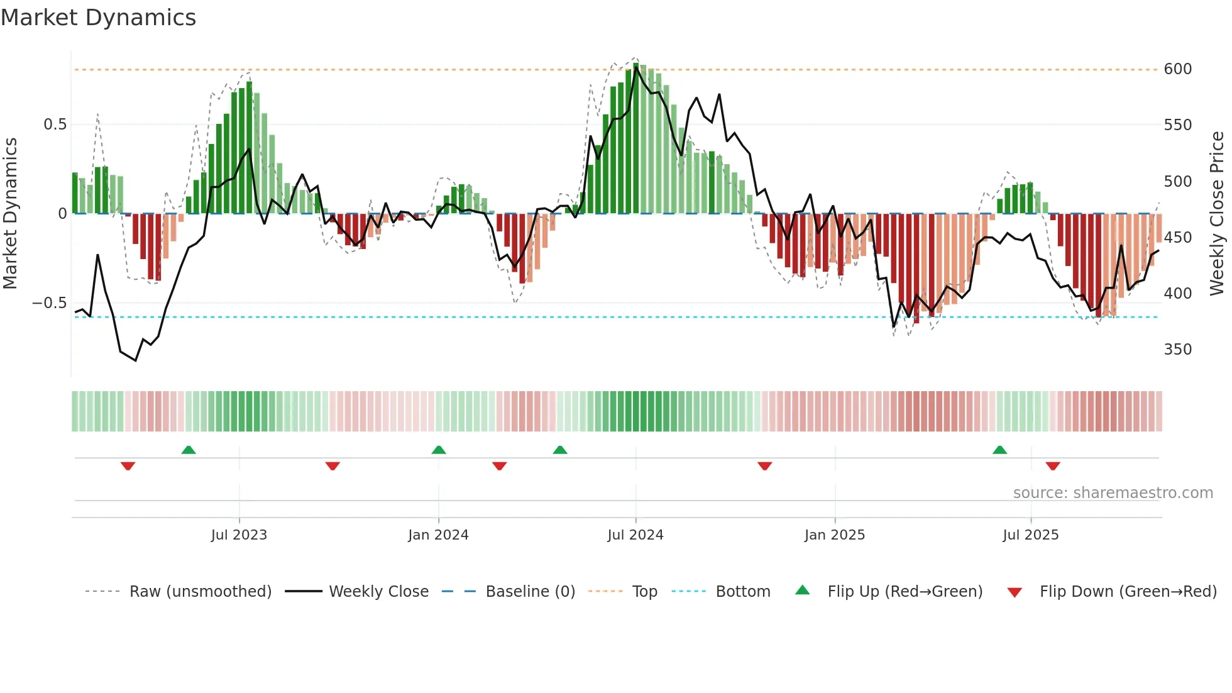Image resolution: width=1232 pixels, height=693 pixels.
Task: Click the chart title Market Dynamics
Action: coord(98,18)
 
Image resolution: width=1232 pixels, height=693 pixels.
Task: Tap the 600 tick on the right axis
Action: coord(1177,69)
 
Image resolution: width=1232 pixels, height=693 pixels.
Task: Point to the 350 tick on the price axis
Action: coord(1177,350)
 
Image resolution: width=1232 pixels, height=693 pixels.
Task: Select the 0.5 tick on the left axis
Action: coord(55,125)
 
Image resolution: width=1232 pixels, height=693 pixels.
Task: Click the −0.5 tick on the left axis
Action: coord(50,303)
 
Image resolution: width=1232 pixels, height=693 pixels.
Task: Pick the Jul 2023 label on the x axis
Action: coord(239,535)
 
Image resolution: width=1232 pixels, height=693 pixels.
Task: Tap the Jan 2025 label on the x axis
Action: coord(834,535)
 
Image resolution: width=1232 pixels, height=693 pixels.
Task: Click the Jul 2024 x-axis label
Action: coord(635,535)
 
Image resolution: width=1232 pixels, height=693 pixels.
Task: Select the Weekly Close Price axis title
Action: coord(1217,214)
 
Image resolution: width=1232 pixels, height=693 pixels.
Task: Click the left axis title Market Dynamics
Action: coord(10,214)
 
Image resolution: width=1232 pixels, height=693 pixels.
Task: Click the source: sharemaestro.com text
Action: coord(1113,493)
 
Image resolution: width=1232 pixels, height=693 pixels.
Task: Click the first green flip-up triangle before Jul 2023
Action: coord(189,450)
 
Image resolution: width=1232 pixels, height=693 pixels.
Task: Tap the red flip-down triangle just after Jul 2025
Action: coord(1053,466)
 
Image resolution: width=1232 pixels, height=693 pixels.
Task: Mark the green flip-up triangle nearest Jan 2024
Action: coord(439,450)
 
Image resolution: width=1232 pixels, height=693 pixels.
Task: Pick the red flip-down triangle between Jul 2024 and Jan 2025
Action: coord(764,466)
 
